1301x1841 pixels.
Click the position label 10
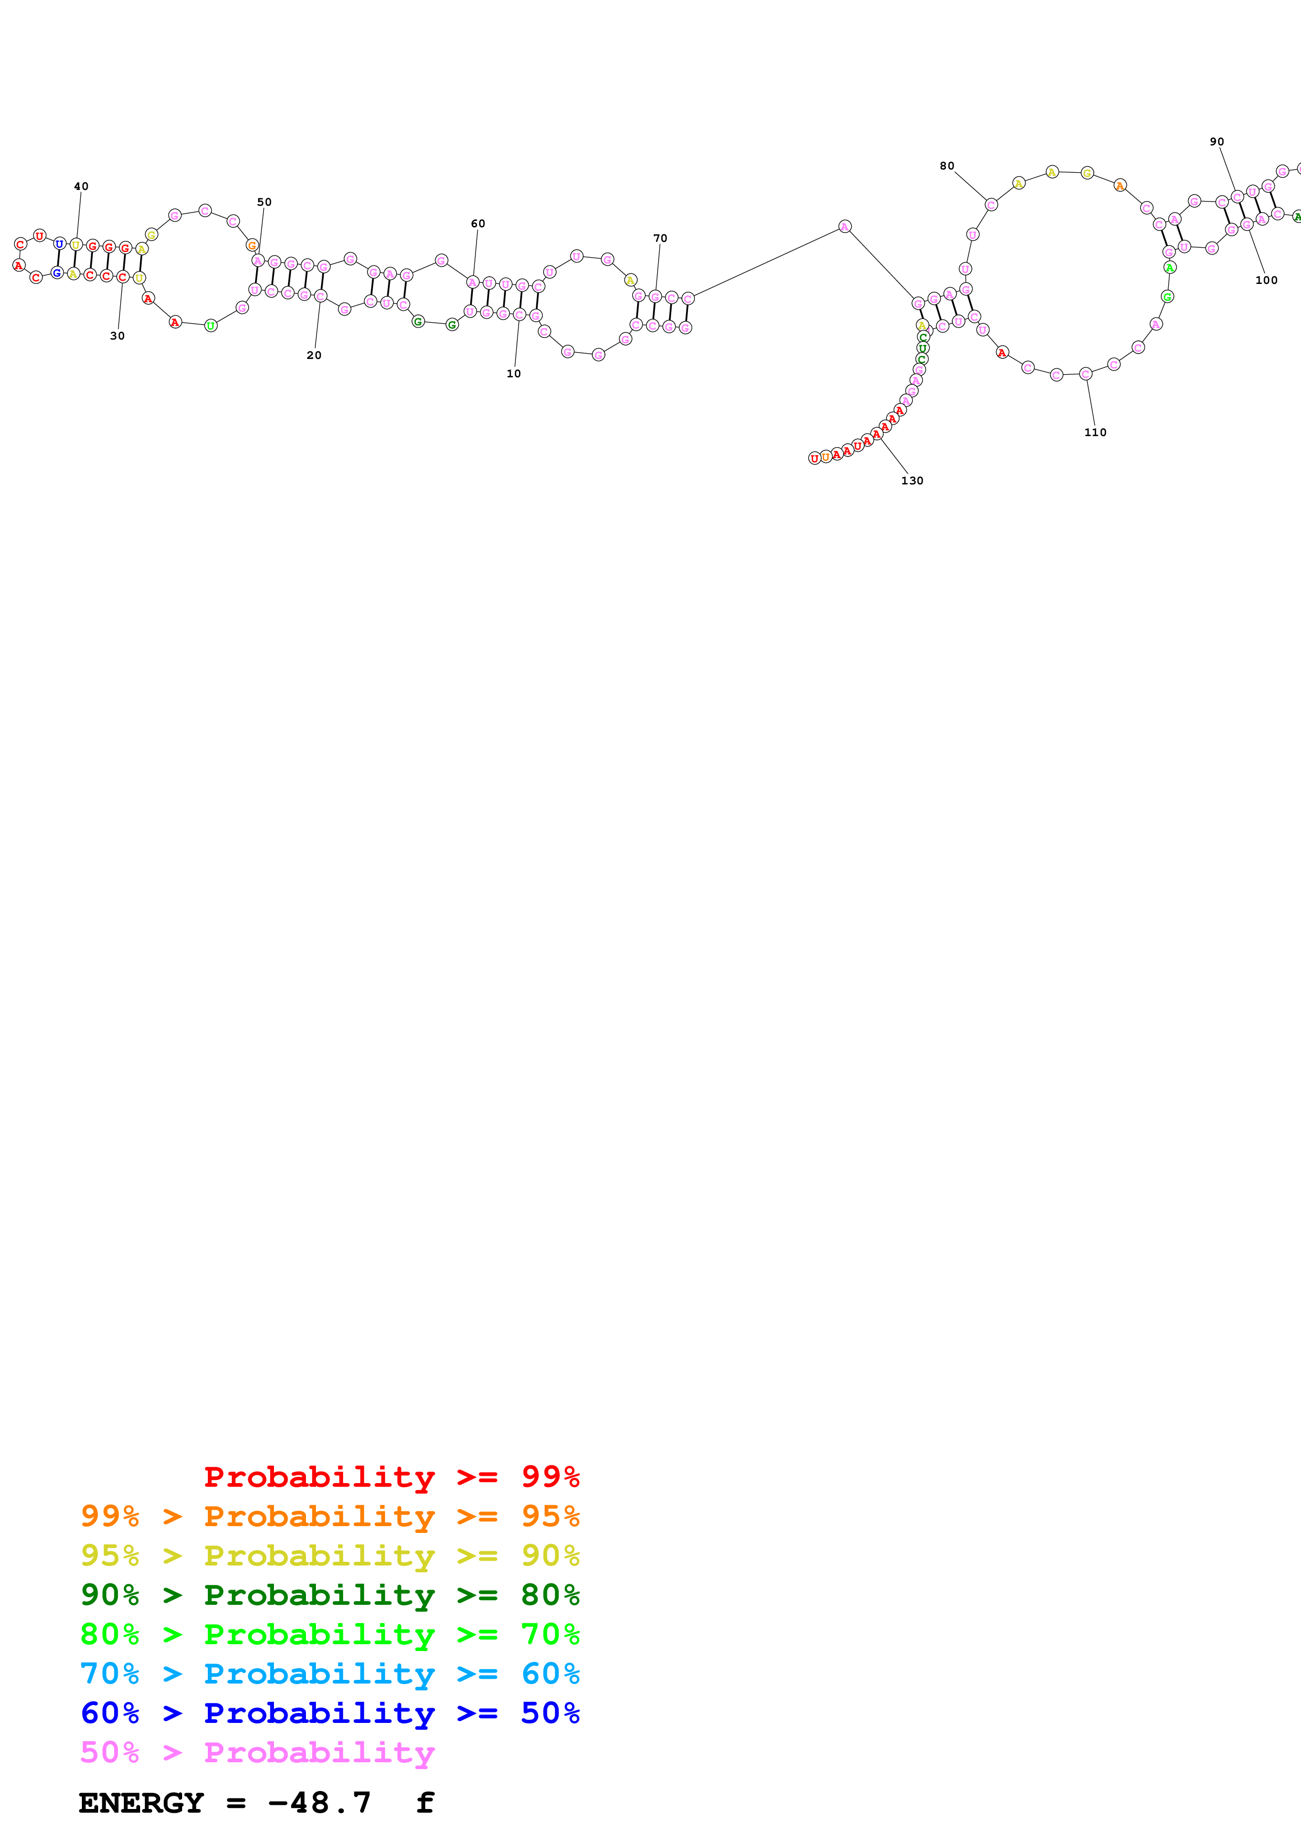pos(514,374)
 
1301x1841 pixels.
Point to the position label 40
pos(81,186)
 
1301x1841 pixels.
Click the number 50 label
pos(265,202)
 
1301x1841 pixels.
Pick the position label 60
pos(478,224)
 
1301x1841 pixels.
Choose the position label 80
pos(947,166)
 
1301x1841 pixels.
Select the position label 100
pos(1266,280)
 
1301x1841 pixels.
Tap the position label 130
pos(912,480)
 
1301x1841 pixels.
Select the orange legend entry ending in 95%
pos(330,1516)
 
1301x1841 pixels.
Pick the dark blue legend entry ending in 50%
pos(330,1713)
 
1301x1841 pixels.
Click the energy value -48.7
pos(319,1803)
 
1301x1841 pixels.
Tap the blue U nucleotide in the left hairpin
pos(59,244)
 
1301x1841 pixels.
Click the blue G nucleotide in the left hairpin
pos(57,272)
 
